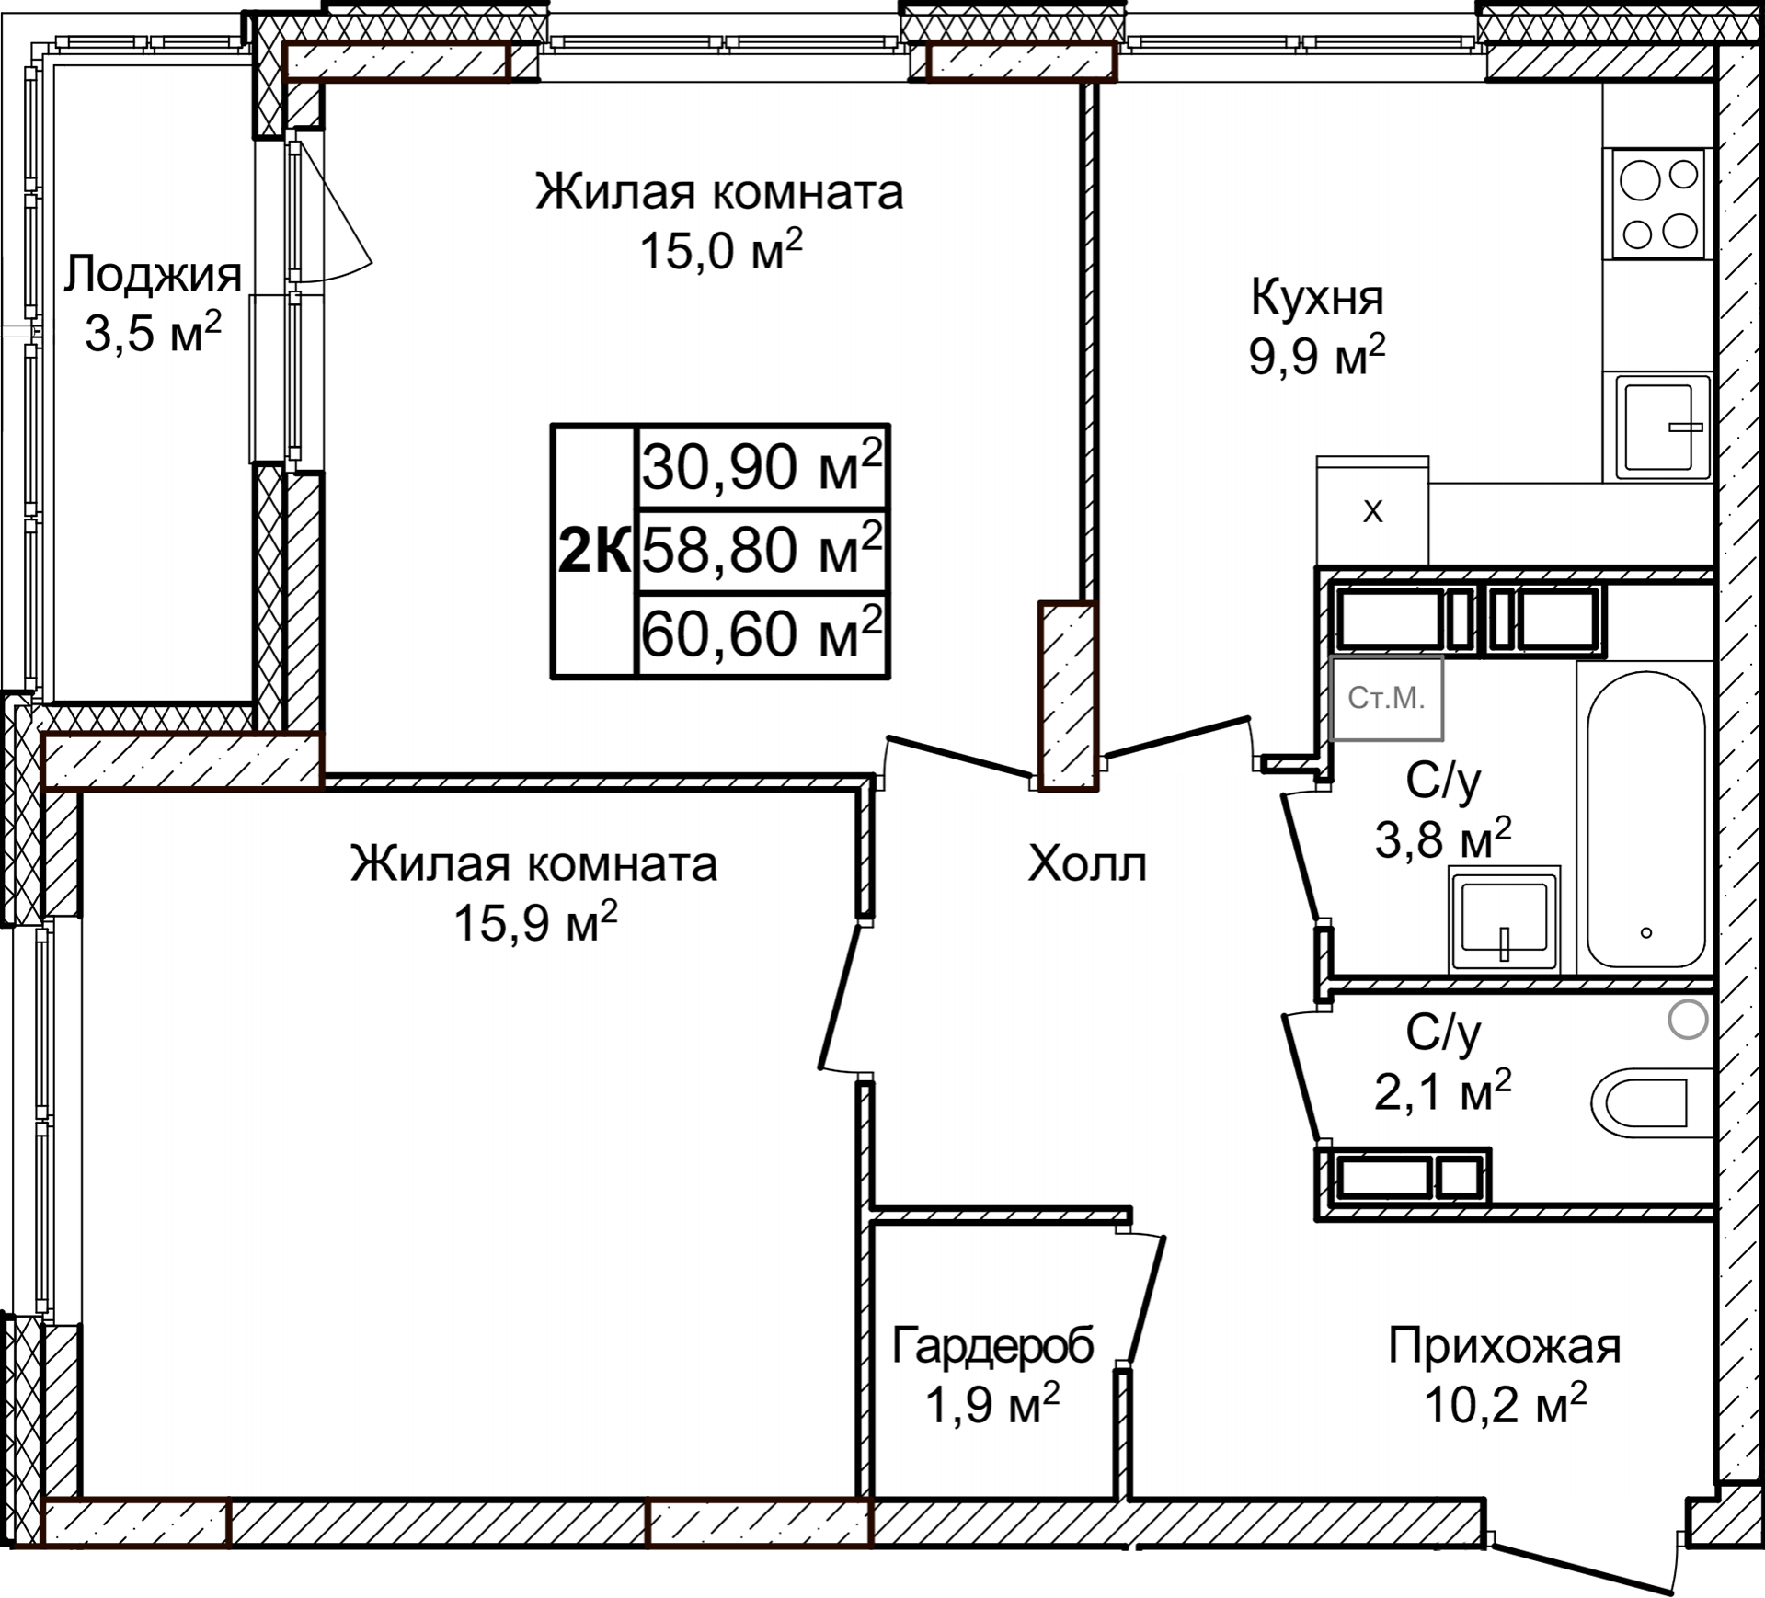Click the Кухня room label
coord(1316,298)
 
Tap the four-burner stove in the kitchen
coord(1658,204)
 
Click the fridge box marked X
coord(1372,511)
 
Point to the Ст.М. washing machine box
coord(1386,698)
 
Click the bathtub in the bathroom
coord(1645,818)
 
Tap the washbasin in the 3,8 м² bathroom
coord(1504,918)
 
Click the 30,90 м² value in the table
coord(762,467)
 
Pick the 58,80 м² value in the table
coord(762,550)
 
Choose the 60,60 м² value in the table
coord(762,633)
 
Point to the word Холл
coord(1087,864)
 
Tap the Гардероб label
coord(992,1346)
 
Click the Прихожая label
coord(1504,1346)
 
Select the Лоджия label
coord(154,274)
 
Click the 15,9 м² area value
coord(534,922)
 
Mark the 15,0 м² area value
coord(720,250)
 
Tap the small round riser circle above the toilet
coord(1688,1020)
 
